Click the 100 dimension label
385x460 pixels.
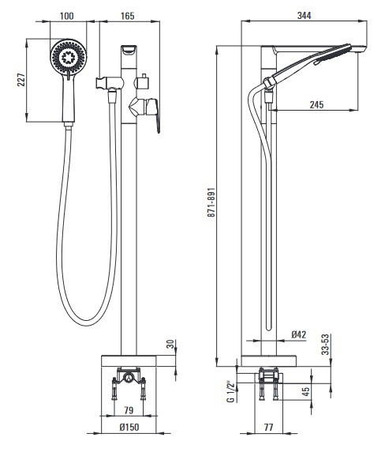(x=67, y=16)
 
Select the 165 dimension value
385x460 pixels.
(x=128, y=16)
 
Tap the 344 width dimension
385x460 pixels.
(x=305, y=15)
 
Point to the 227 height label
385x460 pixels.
(x=21, y=80)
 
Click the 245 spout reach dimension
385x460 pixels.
(x=317, y=104)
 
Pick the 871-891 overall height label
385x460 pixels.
(x=211, y=202)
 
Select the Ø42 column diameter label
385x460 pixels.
(x=299, y=334)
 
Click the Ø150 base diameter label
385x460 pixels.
(x=129, y=427)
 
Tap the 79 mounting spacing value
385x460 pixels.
(x=129, y=410)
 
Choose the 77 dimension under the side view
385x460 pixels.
(x=268, y=427)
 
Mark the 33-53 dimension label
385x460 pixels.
(x=326, y=345)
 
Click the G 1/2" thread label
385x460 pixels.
(x=231, y=392)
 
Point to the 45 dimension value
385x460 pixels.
(x=305, y=392)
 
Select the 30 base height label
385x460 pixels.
(x=170, y=344)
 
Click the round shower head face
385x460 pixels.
(x=69, y=57)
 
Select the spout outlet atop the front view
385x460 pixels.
(x=129, y=50)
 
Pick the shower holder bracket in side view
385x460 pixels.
(x=269, y=83)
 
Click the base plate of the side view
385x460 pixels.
(x=268, y=361)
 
